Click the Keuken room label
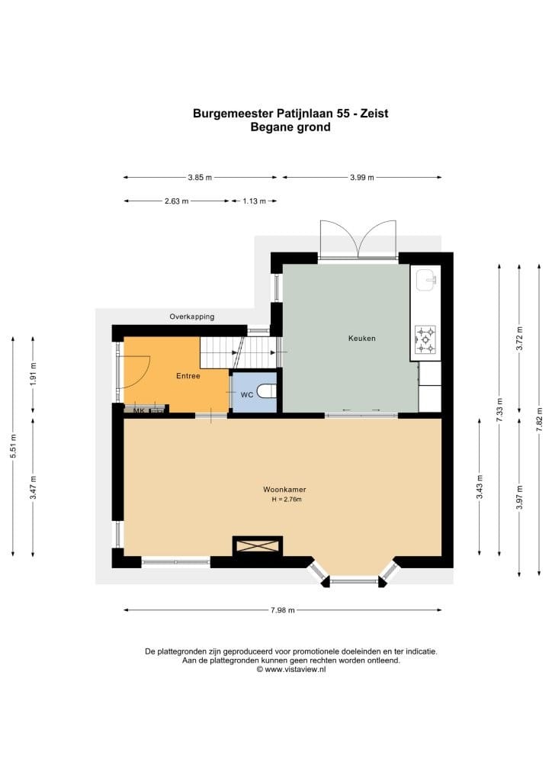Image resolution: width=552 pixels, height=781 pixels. click(x=362, y=338)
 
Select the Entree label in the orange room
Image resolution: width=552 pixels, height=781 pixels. click(x=188, y=376)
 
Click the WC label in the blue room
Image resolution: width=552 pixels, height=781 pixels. click(x=247, y=395)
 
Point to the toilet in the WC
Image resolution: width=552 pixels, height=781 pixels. click(x=267, y=391)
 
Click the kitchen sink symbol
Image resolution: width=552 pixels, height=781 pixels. click(x=426, y=280)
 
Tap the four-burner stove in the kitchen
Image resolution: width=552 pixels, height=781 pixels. click(x=425, y=339)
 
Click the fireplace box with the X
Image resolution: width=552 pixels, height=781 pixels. click(x=258, y=545)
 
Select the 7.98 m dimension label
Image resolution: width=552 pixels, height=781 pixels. click(x=283, y=610)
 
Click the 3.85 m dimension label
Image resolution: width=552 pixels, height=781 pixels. click(x=200, y=177)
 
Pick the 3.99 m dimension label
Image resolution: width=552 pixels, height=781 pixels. click(x=362, y=177)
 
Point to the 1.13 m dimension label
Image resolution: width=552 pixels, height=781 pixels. click(x=254, y=201)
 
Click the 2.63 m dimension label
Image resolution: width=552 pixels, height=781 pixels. click(x=177, y=201)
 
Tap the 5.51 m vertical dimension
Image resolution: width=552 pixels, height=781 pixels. click(x=14, y=445)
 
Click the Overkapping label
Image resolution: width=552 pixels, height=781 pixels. click(x=191, y=317)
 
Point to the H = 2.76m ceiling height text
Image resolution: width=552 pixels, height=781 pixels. click(x=287, y=499)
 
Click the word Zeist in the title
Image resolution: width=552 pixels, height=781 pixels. click(x=374, y=113)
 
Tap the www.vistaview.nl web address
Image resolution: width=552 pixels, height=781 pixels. click(x=295, y=670)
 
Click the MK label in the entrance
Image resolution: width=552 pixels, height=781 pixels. click(x=138, y=411)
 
